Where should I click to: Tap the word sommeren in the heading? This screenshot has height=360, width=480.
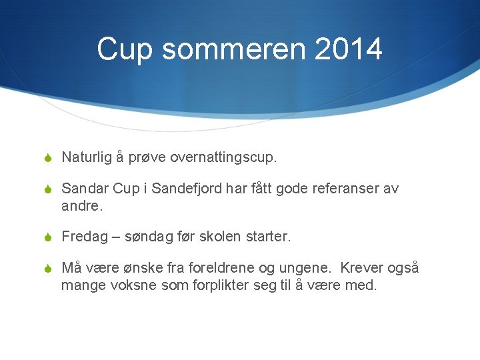click(x=224, y=49)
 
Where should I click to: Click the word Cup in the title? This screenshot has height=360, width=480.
click(x=124, y=49)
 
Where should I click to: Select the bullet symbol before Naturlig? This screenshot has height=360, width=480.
click(x=47, y=157)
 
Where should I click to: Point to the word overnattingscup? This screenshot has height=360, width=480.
click(x=223, y=157)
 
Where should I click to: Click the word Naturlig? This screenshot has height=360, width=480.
click(x=87, y=157)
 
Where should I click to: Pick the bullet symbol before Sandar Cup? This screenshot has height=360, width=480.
click(x=47, y=189)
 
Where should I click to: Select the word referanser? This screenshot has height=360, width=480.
click(x=345, y=189)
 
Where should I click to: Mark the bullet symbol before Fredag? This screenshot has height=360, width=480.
click(x=47, y=237)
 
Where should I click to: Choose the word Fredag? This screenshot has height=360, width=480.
click(x=84, y=237)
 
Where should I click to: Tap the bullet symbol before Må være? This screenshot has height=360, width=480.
click(x=47, y=269)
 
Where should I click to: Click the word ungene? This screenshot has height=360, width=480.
click(x=309, y=269)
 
